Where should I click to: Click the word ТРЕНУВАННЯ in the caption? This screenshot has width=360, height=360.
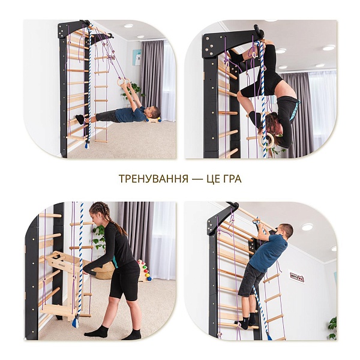(154, 179)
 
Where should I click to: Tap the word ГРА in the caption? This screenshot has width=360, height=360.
(232, 179)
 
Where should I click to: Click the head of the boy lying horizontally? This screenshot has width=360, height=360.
(154, 113)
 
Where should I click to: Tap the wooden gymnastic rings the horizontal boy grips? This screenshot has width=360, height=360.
(125, 82)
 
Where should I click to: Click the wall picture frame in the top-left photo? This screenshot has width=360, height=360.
(137, 58)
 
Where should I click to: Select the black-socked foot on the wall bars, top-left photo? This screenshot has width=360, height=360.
(80, 119)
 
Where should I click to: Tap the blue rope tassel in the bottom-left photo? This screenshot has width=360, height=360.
(76, 322)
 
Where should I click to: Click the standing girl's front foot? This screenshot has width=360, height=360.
(96, 331)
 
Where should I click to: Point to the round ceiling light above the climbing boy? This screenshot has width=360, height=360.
(307, 227)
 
